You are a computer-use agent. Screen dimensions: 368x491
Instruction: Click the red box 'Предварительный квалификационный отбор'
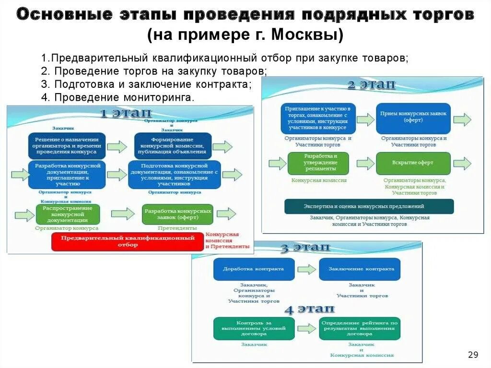(128, 241)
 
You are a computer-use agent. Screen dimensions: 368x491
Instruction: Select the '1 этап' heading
(126, 114)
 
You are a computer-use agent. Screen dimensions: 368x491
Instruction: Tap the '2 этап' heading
(372, 85)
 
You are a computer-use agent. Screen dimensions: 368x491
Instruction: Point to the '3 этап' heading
(305, 248)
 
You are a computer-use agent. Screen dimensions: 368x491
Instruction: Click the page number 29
(473, 355)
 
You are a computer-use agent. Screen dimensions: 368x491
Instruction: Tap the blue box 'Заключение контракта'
(361, 269)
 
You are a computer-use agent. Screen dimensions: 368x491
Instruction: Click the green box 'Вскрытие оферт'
(413, 163)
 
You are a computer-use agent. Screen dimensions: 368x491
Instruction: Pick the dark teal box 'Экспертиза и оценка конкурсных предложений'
(369, 206)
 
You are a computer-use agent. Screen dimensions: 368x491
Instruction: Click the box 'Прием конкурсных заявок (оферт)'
(413, 118)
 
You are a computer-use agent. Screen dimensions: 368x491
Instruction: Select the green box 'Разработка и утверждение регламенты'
(318, 163)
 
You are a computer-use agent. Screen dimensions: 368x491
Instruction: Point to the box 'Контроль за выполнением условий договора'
(254, 328)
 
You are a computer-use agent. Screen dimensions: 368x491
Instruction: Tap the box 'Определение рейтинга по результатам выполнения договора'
(360, 328)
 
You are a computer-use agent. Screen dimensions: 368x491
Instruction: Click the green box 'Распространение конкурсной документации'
(68, 214)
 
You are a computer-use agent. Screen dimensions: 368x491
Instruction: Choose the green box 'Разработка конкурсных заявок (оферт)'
(177, 214)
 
